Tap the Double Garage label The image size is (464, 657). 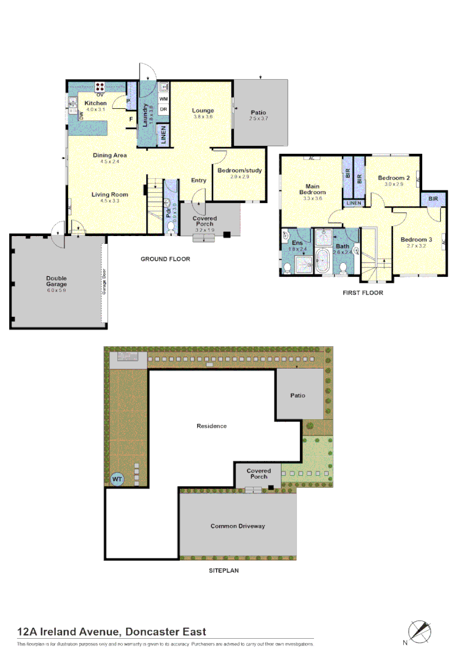pos(56,281)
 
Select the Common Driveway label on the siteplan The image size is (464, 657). pos(237,526)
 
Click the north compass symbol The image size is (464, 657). pos(419,631)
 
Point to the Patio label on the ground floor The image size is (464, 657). pos(258,113)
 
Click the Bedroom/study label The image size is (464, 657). pos(239,170)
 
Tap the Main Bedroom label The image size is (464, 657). pos(313,189)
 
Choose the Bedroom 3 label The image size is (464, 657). pos(416,240)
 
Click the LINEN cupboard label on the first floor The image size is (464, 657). pos(353,203)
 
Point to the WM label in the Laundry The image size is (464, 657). pos(163,98)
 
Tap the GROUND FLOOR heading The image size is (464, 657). pos(165,259)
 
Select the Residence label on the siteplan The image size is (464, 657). pos(211,426)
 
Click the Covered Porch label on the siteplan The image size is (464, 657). pos(259,473)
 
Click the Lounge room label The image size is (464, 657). pos(203,110)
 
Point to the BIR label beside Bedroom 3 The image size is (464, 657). pos(434,199)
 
